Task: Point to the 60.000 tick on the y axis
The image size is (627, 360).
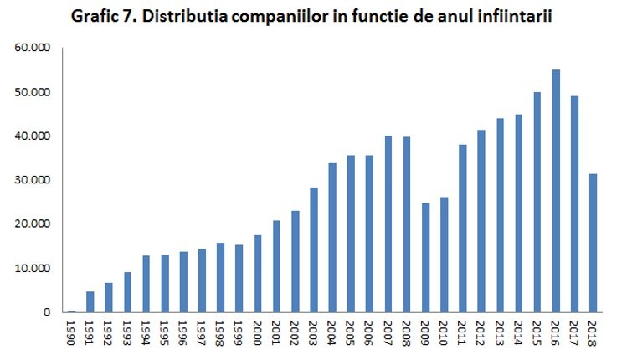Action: [33, 48]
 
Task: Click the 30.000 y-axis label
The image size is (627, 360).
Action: [33, 180]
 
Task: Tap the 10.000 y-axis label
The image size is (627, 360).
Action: [33, 269]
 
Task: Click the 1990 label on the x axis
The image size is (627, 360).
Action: [73, 329]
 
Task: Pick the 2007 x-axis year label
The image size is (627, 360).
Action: [388, 329]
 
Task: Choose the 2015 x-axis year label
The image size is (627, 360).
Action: [537, 329]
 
